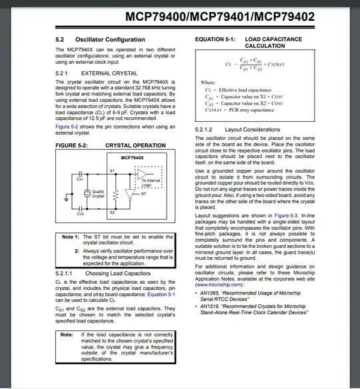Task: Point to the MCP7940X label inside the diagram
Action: click(131, 157)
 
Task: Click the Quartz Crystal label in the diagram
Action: click(99, 194)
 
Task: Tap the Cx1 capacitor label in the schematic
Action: click(79, 179)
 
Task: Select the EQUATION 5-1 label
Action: click(214, 39)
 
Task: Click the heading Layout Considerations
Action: click(247, 129)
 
